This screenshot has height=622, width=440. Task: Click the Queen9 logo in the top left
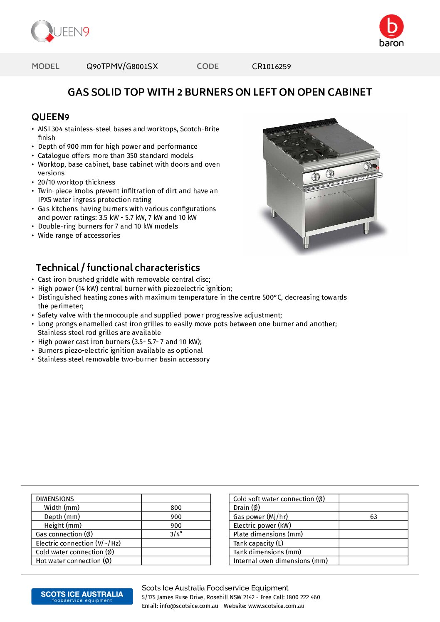(x=60, y=32)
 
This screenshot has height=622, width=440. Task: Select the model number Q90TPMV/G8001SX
(x=122, y=66)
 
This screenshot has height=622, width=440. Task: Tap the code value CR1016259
(x=271, y=66)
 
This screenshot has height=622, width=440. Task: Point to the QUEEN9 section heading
(x=50, y=117)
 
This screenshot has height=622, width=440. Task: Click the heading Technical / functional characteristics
(x=118, y=268)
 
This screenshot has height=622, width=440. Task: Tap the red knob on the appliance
(x=377, y=167)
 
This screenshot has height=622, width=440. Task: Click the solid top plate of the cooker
(x=341, y=141)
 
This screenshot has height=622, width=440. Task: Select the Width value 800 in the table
(x=176, y=508)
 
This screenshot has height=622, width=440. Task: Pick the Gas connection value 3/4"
(x=176, y=534)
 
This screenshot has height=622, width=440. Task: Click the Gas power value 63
(x=373, y=517)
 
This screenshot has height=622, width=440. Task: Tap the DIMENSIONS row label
(x=55, y=499)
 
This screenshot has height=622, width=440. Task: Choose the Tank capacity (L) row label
(x=258, y=543)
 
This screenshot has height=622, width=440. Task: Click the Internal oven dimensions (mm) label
(x=280, y=561)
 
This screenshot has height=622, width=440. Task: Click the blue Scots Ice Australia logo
(x=82, y=596)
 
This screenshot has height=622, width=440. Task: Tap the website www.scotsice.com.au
(x=276, y=606)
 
